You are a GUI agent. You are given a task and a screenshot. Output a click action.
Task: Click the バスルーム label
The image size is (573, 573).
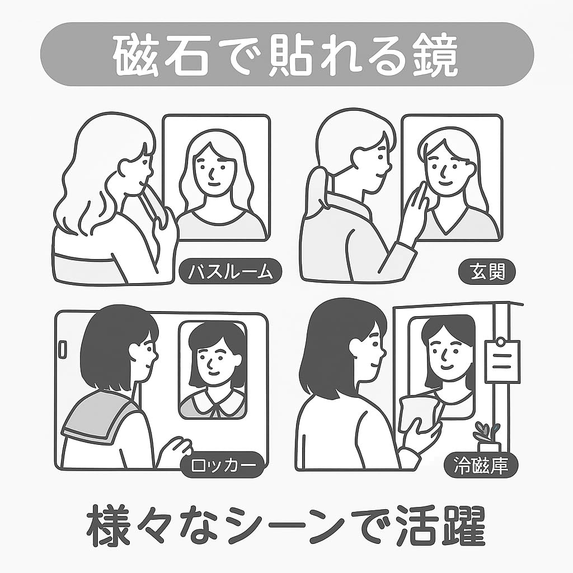click(x=231, y=272)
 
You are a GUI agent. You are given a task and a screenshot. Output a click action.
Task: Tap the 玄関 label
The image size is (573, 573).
click(x=487, y=272)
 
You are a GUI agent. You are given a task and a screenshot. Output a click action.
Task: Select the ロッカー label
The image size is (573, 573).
click(x=223, y=466)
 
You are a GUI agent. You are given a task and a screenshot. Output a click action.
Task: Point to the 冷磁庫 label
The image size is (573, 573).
click(x=481, y=466)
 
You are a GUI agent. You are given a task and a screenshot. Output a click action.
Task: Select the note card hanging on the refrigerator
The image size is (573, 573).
click(x=502, y=361)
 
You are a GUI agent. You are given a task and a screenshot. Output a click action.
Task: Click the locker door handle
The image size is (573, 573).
click(x=63, y=350)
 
